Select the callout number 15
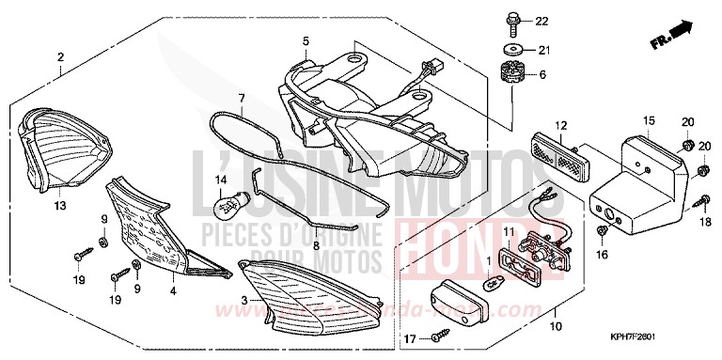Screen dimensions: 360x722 pyautogui.click(x=649, y=121)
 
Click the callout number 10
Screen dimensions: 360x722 pyautogui.click(x=555, y=325)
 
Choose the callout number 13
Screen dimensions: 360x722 pyautogui.click(x=58, y=205)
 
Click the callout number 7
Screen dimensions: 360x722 pyautogui.click(x=240, y=98)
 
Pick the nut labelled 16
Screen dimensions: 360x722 pyautogui.click(x=600, y=231)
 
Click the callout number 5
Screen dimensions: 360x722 pyautogui.click(x=306, y=40)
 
